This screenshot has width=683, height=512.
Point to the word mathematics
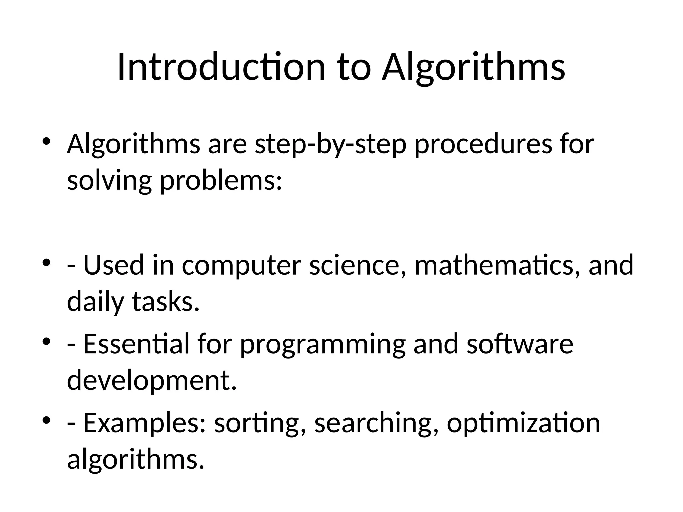click(497, 265)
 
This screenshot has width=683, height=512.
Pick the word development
click(152, 381)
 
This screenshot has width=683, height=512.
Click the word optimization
click(523, 424)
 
